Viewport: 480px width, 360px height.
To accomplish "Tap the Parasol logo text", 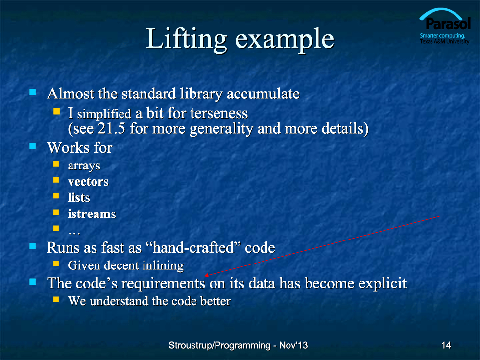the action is tap(448, 24).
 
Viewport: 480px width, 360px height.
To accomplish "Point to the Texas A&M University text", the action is tap(445, 41).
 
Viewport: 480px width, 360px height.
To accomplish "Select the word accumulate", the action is tap(264, 94).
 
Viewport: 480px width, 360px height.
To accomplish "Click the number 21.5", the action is tap(112, 128).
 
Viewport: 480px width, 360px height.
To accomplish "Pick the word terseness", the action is tap(219, 113).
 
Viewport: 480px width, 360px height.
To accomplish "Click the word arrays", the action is tap(84, 166).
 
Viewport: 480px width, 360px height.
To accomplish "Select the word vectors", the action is tap(88, 182).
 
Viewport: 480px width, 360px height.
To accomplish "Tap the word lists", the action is tap(79, 198).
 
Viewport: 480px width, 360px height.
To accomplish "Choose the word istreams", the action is tap(92, 214).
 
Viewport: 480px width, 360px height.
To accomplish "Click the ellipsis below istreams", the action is tap(74, 233).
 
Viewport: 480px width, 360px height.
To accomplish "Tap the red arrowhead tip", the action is tap(205, 275).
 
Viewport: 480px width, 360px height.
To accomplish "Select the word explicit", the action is tap(383, 284).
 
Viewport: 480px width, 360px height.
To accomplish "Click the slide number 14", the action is tap(446, 345).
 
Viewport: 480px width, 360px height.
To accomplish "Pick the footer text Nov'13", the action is tap(293, 345).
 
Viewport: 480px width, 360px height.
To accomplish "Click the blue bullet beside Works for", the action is tap(33, 146).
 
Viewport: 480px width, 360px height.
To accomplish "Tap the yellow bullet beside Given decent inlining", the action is tap(56, 264).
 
